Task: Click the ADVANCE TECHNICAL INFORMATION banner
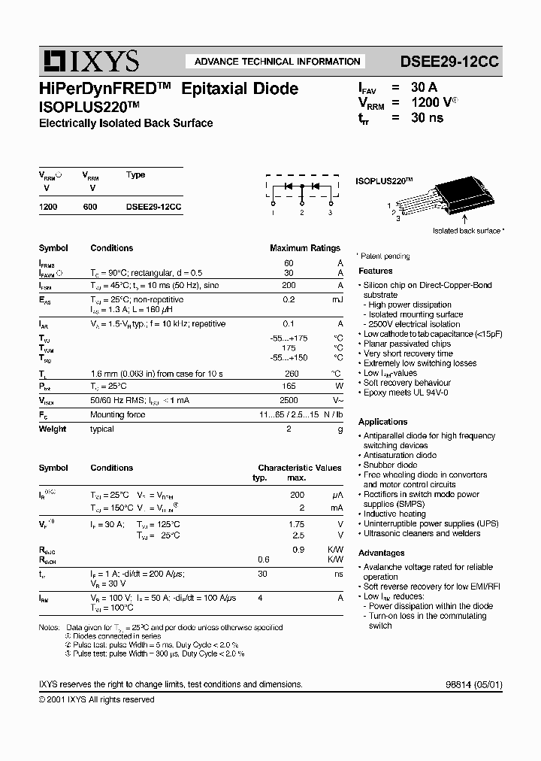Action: [x=277, y=62]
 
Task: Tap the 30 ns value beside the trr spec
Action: [x=427, y=117]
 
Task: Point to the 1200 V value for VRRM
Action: [x=433, y=102]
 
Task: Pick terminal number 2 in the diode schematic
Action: [x=301, y=213]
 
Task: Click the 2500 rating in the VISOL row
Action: [x=289, y=401]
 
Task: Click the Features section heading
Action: [x=376, y=271]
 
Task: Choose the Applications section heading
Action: [x=383, y=422]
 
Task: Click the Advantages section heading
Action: [x=382, y=553]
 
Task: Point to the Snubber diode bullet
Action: [x=390, y=465]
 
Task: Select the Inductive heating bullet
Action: [x=394, y=514]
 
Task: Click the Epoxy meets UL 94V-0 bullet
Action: [x=405, y=393]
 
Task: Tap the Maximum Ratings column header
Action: [x=304, y=247]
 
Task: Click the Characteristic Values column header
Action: [x=299, y=468]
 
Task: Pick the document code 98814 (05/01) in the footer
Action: [x=464, y=685]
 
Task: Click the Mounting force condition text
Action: [x=118, y=414]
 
